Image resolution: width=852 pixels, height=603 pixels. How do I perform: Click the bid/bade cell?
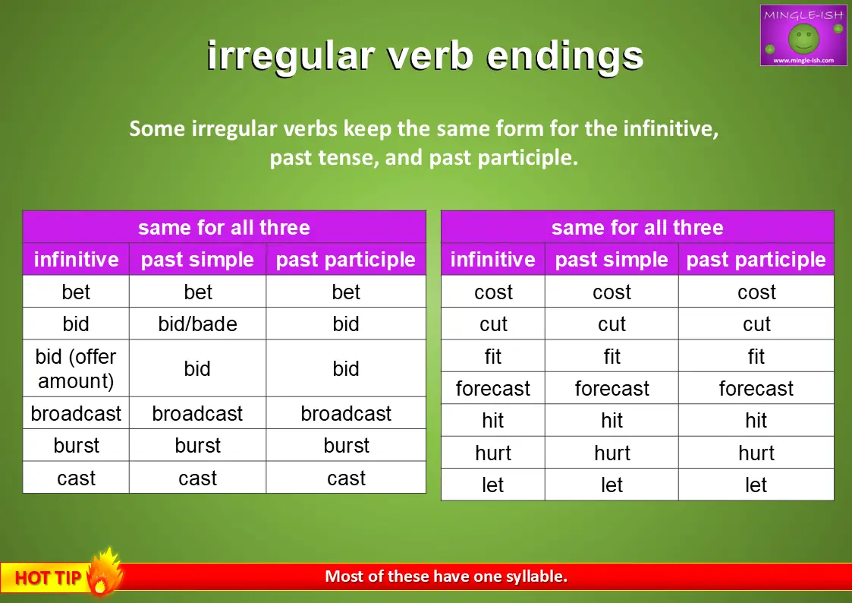(x=198, y=324)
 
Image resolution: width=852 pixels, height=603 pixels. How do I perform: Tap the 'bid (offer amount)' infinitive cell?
(x=76, y=368)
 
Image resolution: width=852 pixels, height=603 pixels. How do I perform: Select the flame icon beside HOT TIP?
(x=105, y=572)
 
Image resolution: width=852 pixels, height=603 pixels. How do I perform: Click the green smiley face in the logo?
(x=803, y=39)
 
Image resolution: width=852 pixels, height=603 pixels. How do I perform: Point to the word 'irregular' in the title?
(x=291, y=56)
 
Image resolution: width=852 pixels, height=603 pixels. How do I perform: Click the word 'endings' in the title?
(x=564, y=56)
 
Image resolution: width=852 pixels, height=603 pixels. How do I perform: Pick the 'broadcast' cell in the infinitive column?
(x=76, y=414)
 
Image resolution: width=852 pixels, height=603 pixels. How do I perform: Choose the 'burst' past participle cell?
(x=346, y=446)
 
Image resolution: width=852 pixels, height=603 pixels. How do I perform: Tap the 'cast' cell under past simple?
(x=198, y=478)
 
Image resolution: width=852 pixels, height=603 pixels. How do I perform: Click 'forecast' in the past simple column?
(x=611, y=389)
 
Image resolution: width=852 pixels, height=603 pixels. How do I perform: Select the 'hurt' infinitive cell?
(x=493, y=453)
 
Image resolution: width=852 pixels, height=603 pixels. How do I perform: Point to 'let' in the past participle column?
(x=756, y=485)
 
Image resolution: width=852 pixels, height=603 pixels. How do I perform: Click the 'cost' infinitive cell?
(x=493, y=292)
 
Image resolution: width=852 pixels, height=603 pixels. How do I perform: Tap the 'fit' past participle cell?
(x=756, y=357)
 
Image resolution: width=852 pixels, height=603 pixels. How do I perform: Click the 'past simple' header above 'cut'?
(x=611, y=260)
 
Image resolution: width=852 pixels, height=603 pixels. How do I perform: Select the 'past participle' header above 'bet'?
(x=346, y=260)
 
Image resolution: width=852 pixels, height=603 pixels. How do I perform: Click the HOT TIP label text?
(x=48, y=577)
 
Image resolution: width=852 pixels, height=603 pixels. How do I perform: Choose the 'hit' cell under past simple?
(x=611, y=420)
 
